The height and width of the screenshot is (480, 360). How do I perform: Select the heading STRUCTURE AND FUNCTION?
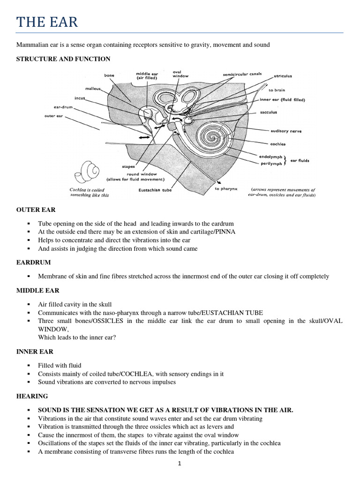pos(63,59)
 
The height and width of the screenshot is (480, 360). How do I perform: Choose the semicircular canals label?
pos(241,75)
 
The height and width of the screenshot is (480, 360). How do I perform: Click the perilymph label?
pos(271,163)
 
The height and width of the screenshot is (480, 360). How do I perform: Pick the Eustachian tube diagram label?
pos(155,190)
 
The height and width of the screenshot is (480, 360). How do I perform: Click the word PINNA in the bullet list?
pos(225,232)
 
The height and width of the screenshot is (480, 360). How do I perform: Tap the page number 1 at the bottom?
pos(180,464)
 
